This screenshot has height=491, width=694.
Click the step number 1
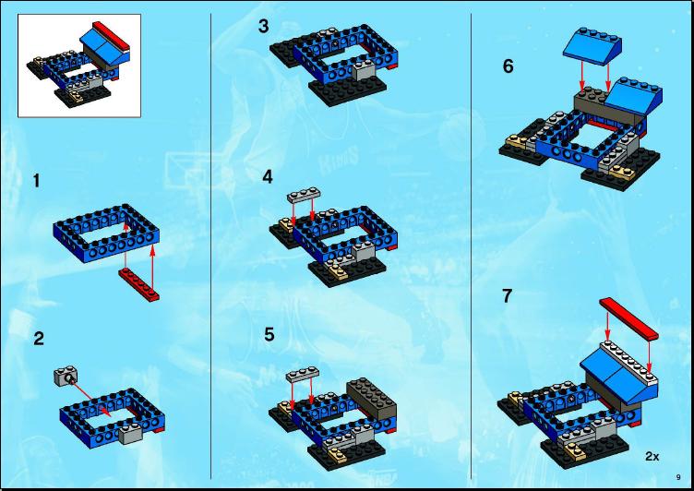37,181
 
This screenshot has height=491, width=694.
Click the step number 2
39,339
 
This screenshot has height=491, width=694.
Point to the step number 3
263,26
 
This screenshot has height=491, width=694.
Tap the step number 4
268,177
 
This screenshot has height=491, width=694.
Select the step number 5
269,334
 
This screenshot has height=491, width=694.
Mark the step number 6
509,66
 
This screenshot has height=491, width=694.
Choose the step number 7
508,295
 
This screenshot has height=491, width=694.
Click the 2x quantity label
652,457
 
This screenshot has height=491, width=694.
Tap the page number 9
678,477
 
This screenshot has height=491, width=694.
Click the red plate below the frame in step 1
138,284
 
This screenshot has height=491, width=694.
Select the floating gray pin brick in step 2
66,377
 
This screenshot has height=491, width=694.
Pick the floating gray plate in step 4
304,195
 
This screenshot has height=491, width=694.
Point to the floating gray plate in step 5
303,375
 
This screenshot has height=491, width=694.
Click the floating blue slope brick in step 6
592,47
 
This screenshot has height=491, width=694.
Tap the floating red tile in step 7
628,318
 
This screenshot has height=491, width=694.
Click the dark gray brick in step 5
371,398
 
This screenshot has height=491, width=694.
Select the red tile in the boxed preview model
111,34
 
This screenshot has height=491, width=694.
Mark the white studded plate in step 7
629,361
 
